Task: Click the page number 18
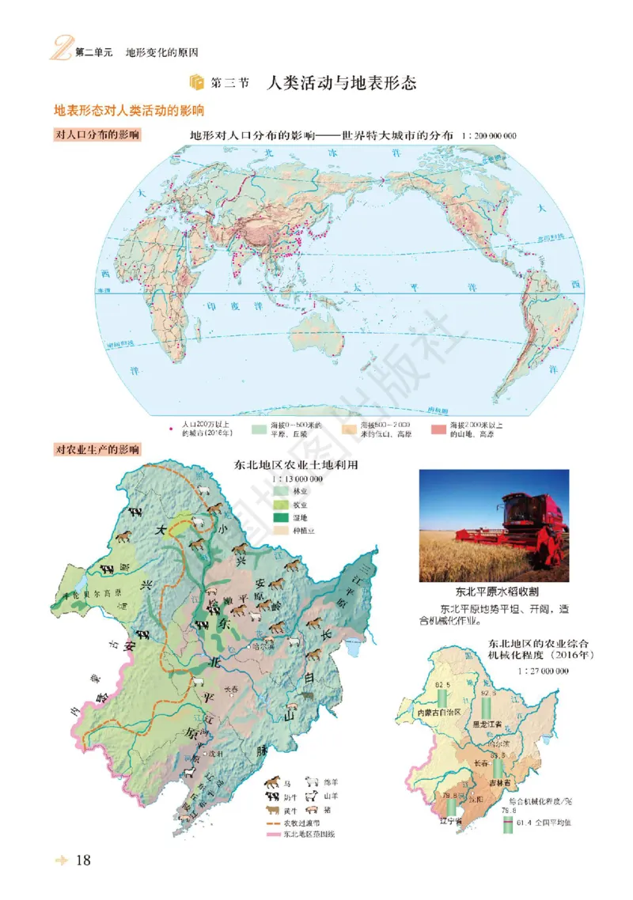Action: tap(82, 860)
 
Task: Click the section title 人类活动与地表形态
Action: tap(342, 83)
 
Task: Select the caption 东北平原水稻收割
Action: tap(493, 592)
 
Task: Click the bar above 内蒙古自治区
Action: tap(442, 698)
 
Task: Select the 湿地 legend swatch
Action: tap(279, 518)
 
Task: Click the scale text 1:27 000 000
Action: tap(544, 671)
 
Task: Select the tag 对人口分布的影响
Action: tap(97, 135)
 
